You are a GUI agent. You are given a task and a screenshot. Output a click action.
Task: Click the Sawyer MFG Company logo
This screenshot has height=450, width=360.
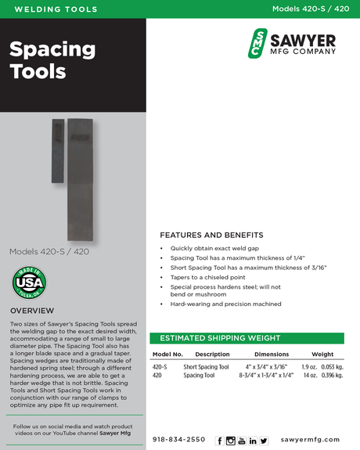coord(291,43)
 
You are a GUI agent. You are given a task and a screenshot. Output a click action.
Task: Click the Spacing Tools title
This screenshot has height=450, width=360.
coord(52,60)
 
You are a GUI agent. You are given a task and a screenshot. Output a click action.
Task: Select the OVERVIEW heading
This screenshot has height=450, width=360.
coord(32,311)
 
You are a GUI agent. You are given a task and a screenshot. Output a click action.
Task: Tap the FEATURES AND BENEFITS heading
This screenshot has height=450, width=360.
coord(211,235)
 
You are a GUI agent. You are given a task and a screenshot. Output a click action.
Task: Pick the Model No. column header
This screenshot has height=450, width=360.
coord(167,355)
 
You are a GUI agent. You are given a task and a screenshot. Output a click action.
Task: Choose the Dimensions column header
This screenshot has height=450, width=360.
coord(272,355)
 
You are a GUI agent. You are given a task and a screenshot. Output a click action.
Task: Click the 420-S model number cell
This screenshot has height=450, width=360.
coord(160,366)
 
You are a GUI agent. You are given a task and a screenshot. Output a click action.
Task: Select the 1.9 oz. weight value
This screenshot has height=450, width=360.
coord(309,366)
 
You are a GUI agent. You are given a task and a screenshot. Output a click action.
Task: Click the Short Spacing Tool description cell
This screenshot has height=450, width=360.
coord(206,366)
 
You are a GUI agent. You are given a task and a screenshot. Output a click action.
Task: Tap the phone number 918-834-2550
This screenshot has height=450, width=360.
coord(179,440)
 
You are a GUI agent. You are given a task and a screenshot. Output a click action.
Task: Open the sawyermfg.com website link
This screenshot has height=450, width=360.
coord(310,440)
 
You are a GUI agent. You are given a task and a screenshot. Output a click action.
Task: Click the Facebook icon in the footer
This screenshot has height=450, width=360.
coord(219,441)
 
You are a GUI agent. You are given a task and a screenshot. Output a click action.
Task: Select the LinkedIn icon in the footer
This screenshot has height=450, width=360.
coord(253,441)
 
